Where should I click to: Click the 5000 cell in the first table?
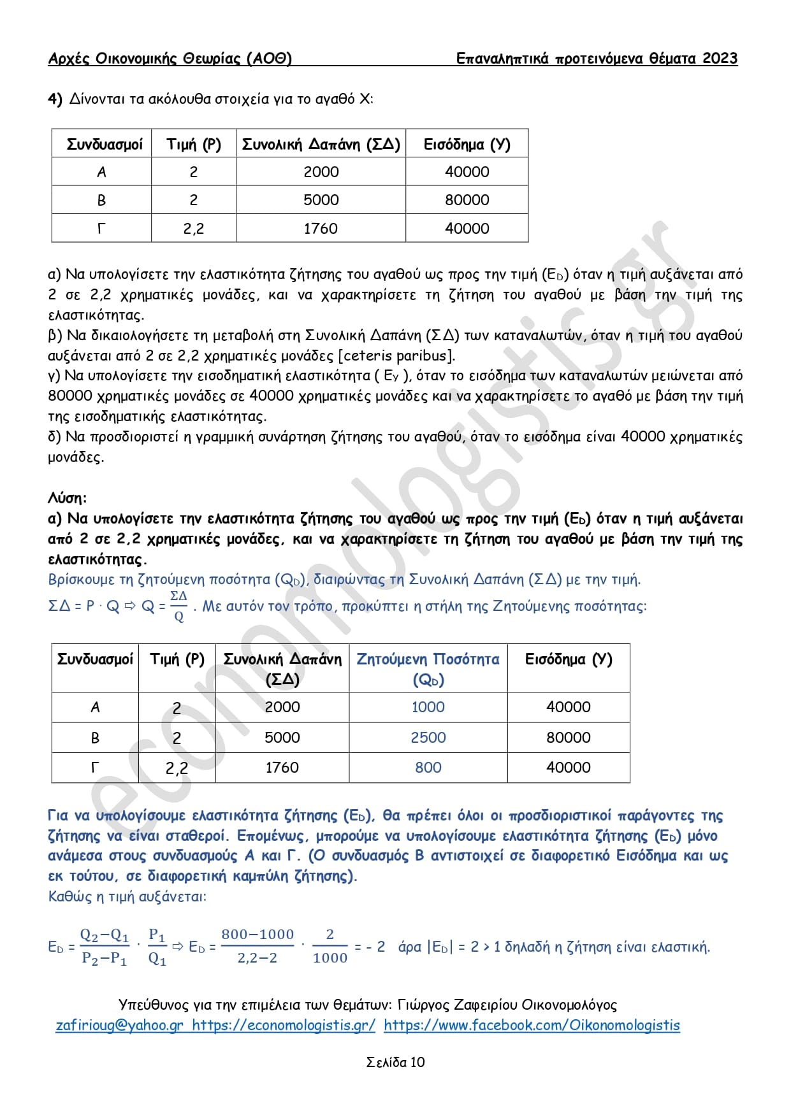point(321,200)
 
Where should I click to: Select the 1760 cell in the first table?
point(321,229)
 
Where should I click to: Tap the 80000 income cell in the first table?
point(467,200)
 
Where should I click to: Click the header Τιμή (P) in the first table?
point(194,145)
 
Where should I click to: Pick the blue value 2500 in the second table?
point(428,738)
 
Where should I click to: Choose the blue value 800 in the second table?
point(428,768)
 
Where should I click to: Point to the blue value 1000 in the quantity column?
point(428,707)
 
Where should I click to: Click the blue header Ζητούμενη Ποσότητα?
point(428,660)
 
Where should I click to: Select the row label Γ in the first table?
point(101,229)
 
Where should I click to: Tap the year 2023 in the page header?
point(720,59)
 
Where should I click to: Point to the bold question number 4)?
point(55,99)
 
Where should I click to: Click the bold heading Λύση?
point(67,498)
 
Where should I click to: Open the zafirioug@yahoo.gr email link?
point(119,1025)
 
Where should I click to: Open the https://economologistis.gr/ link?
point(284,1025)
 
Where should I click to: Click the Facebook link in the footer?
point(532,1025)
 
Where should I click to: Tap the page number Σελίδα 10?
point(395,1062)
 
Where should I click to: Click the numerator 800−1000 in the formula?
point(258,935)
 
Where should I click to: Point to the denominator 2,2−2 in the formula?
point(258,958)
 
